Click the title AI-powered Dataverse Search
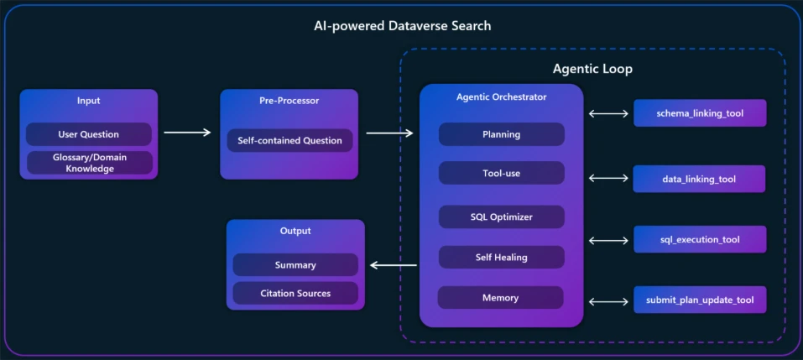(x=402, y=25)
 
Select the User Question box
(x=89, y=134)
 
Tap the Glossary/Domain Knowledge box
(x=89, y=163)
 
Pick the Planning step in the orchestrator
(x=501, y=134)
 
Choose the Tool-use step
(x=501, y=173)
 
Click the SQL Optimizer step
(x=501, y=217)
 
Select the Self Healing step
(x=501, y=257)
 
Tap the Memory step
(x=501, y=297)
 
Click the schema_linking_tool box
(x=700, y=112)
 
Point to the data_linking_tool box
(x=700, y=178)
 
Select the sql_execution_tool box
(x=700, y=239)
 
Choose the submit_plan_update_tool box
(x=700, y=300)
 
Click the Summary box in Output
(x=295, y=265)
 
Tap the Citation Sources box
(x=295, y=293)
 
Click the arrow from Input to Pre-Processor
(x=187, y=132)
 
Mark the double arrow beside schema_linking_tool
(x=608, y=113)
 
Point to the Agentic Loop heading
(x=592, y=69)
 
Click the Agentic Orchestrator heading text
(x=501, y=97)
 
